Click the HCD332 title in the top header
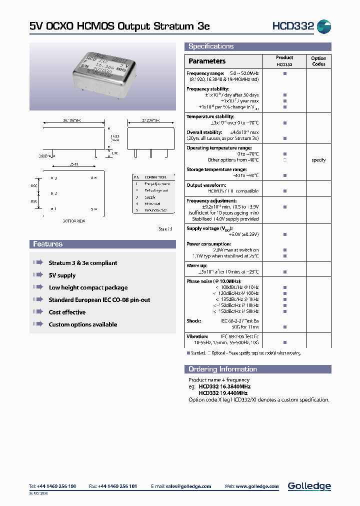(x=292, y=26)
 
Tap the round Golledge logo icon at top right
(x=324, y=26)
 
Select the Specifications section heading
(x=210, y=46)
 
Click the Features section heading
(x=47, y=244)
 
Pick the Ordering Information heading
(x=222, y=369)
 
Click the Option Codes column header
(x=318, y=61)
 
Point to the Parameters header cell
(x=207, y=61)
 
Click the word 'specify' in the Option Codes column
(x=318, y=160)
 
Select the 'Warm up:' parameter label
(x=197, y=265)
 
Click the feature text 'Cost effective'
(x=67, y=312)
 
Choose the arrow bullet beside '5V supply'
(x=38, y=275)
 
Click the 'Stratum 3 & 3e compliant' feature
(x=82, y=263)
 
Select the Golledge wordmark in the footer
(x=309, y=486)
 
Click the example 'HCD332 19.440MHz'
(x=224, y=393)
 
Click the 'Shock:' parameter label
(x=193, y=321)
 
